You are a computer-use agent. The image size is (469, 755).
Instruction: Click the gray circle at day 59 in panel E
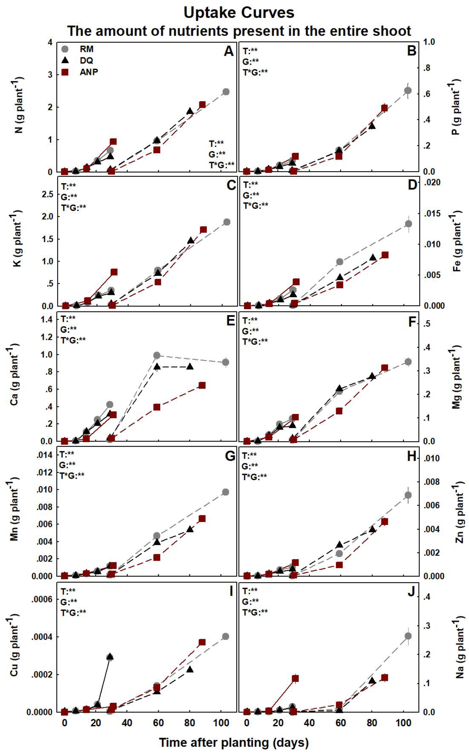[x=157, y=355]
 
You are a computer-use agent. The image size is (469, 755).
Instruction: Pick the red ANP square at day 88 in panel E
[x=202, y=385]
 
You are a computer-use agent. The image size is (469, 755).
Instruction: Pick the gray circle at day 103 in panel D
[x=408, y=224]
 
